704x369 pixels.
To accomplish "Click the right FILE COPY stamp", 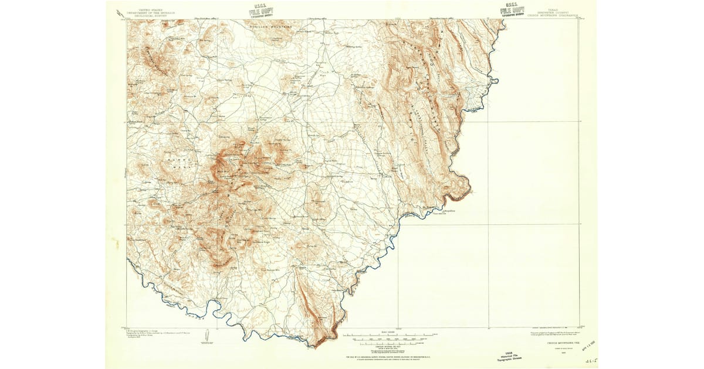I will (512, 10).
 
